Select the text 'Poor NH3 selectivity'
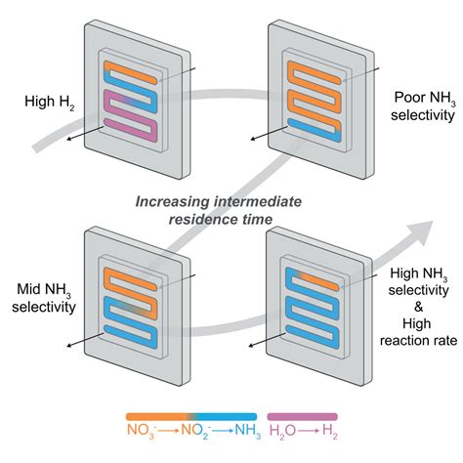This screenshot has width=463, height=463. point(421,108)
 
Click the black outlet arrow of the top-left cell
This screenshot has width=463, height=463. point(73,140)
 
